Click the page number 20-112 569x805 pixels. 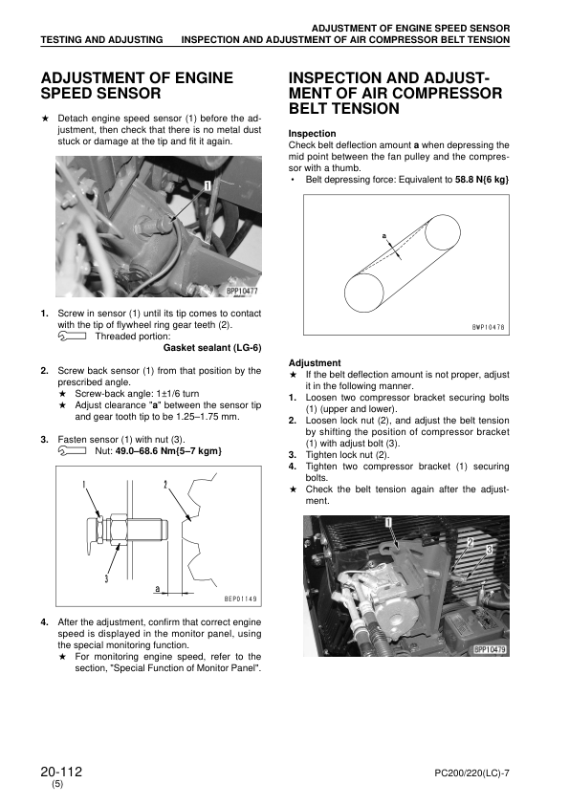(x=61, y=772)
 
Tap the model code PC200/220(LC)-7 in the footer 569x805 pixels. (x=471, y=773)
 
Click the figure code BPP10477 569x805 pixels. (x=242, y=291)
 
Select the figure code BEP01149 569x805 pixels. (x=240, y=598)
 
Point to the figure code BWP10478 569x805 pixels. (x=489, y=327)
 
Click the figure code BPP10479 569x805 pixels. (x=490, y=649)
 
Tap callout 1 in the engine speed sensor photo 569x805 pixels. (x=208, y=185)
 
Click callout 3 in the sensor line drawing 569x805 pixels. (x=106, y=578)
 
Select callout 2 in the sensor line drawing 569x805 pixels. (x=165, y=484)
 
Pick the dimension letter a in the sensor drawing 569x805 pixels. (x=158, y=588)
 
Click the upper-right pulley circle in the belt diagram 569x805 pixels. (x=441, y=232)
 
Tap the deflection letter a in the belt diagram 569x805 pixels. (x=384, y=236)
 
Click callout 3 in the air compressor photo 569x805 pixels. (x=489, y=550)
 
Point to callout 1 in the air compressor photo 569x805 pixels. (x=389, y=523)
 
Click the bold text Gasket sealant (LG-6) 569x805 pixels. (x=212, y=348)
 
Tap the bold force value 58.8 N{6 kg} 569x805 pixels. (x=482, y=180)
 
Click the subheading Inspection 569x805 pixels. (x=312, y=134)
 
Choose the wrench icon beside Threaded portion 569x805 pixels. (x=73, y=337)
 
